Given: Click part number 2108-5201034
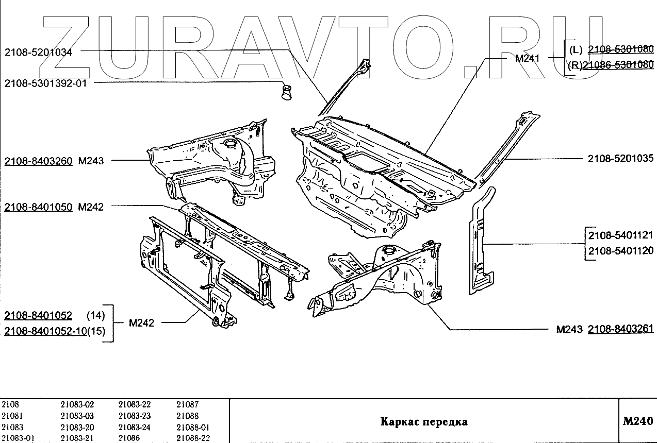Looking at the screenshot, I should click(x=38, y=52).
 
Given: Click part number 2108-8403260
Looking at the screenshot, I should click(x=38, y=161).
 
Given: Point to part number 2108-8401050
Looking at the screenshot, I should click(x=38, y=207).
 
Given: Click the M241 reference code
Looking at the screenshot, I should click(x=527, y=58).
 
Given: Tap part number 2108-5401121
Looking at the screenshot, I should click(x=620, y=235).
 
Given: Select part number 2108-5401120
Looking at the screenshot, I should click(x=620, y=251).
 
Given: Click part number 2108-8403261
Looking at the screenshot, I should click(x=620, y=330).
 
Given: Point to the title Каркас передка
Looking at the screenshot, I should click(x=424, y=422).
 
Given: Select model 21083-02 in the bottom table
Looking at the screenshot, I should click(x=77, y=405).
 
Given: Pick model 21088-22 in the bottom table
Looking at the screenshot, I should click(x=193, y=438).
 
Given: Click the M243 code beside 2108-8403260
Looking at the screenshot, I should click(x=91, y=161).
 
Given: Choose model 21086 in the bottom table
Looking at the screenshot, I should click(x=129, y=438).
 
